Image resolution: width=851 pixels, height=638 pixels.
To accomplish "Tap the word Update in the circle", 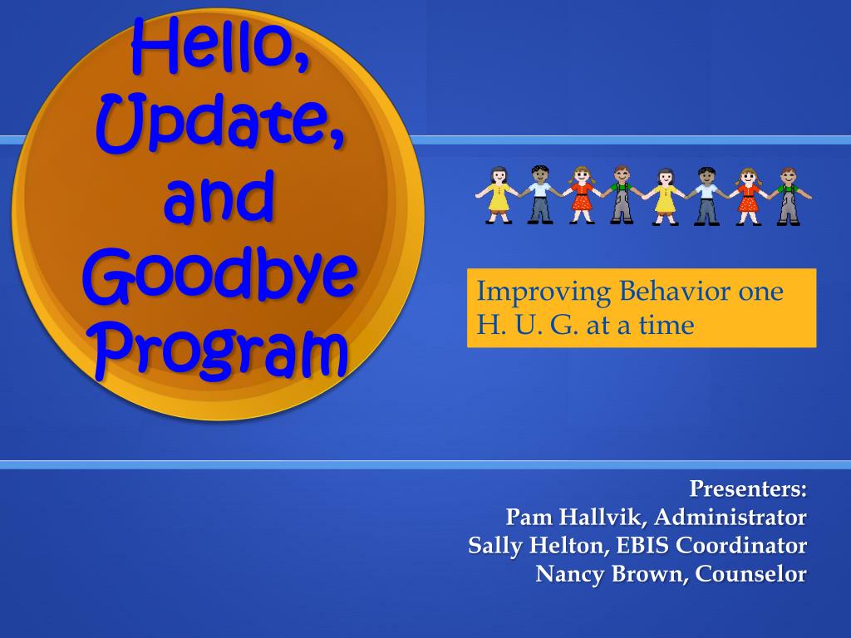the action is pos(215,123).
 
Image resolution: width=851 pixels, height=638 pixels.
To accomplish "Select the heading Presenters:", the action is pos(748,488).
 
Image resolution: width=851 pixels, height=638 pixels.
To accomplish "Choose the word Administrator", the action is pos(730,517).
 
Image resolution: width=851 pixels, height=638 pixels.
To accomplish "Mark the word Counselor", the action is pos(751,573).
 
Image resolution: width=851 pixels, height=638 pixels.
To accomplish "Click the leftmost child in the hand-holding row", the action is pos(498,195).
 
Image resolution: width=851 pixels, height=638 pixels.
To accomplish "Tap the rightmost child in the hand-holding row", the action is pos(790,196).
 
